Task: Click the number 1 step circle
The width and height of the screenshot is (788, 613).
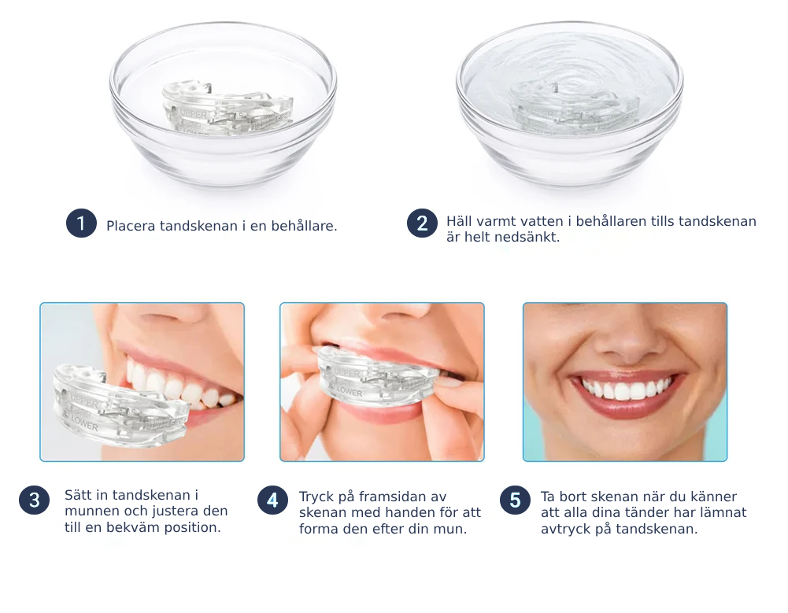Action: tap(81, 223)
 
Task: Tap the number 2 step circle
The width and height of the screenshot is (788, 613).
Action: tap(422, 223)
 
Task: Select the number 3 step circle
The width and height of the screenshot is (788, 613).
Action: tap(34, 500)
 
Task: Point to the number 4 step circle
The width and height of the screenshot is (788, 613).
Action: tap(272, 500)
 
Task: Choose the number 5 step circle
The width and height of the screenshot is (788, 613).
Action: tap(515, 500)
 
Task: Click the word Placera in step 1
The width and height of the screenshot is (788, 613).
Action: tap(131, 226)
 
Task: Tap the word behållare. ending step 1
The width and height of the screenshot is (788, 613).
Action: tap(304, 226)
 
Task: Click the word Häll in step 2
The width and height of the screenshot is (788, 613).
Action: tap(459, 221)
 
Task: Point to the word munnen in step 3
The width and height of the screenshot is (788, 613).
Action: tap(87, 511)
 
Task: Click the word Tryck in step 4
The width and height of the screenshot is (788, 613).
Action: tap(316, 497)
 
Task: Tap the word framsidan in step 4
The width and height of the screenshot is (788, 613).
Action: tap(387, 497)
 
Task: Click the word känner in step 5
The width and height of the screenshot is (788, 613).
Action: tap(714, 497)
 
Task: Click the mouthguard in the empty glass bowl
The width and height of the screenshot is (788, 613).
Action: tap(227, 108)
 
